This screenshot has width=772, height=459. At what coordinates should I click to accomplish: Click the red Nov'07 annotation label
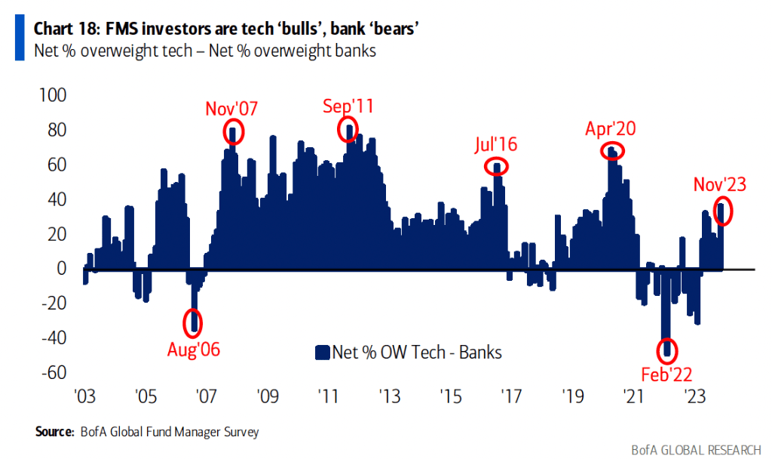pyautogui.click(x=231, y=109)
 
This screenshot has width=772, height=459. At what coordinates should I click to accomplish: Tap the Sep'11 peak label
pyautogui.click(x=348, y=106)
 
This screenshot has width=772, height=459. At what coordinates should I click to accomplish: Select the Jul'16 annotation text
pyautogui.click(x=497, y=144)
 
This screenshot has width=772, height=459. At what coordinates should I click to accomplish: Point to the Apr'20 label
pyautogui.click(x=611, y=128)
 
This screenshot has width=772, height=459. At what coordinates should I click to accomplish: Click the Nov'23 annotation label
pyautogui.click(x=720, y=184)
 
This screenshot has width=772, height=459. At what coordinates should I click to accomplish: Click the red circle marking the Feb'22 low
pyautogui.click(x=666, y=350)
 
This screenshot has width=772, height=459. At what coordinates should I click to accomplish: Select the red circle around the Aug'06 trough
pyautogui.click(x=194, y=322)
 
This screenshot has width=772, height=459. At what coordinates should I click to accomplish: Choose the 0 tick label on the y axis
pyautogui.click(x=62, y=269)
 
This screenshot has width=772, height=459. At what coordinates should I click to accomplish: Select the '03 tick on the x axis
pyautogui.click(x=83, y=396)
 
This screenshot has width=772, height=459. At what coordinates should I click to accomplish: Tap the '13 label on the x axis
pyautogui.click(x=388, y=396)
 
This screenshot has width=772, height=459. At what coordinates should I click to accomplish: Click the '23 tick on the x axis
pyautogui.click(x=694, y=396)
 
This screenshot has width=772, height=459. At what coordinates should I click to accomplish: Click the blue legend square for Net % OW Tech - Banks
pyautogui.click(x=322, y=352)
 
